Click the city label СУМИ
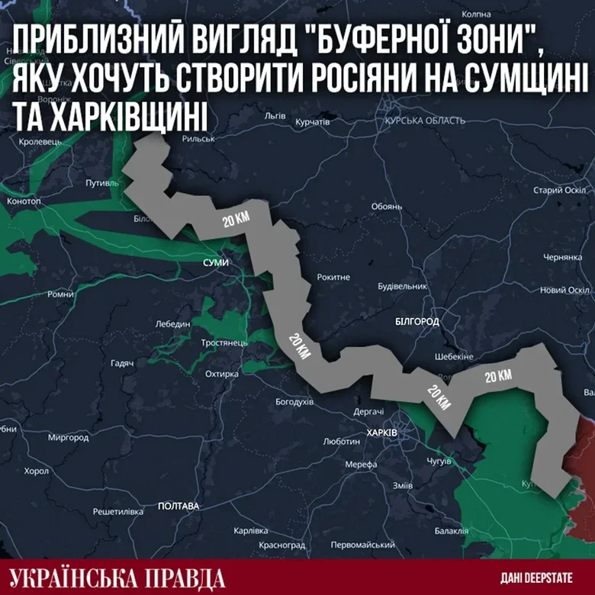tap(216, 262)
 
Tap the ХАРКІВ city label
tap(381, 433)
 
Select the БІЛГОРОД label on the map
tap(417, 322)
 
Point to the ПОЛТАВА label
tap(178, 506)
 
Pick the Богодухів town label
tap(294, 401)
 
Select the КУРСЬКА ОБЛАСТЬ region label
tap(425, 121)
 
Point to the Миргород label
tap(68, 438)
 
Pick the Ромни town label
tap(60, 294)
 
